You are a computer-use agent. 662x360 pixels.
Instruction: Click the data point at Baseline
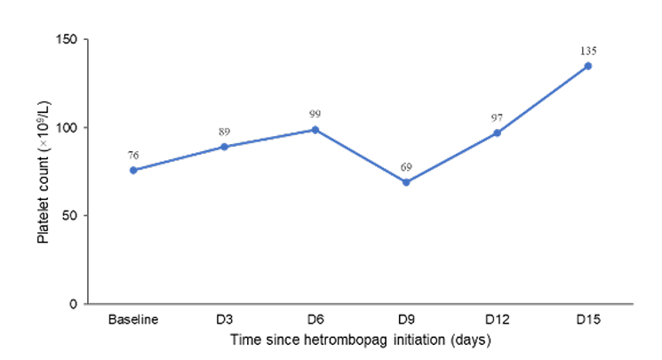click(133, 171)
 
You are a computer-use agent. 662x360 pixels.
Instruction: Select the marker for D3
click(224, 147)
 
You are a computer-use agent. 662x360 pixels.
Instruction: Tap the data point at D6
click(315, 130)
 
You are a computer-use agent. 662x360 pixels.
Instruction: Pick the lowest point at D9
click(406, 182)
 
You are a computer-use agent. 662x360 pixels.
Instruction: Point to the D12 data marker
click(498, 133)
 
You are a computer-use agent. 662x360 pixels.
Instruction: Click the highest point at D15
click(588, 66)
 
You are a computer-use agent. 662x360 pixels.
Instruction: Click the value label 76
click(133, 156)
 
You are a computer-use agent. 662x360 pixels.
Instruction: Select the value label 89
click(224, 132)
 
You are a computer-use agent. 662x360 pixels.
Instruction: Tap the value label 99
click(315, 114)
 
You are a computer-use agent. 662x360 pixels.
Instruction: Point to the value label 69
click(406, 167)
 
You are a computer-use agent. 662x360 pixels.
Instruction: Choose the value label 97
click(497, 118)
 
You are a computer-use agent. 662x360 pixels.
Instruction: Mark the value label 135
click(588, 52)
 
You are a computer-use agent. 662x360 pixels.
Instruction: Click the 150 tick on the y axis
click(67, 39)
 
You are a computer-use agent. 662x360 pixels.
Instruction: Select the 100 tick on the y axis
click(67, 127)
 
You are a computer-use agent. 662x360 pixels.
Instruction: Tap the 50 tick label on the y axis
click(70, 215)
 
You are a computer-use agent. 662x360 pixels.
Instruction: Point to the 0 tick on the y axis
click(74, 304)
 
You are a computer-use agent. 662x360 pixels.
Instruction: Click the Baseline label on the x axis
click(133, 319)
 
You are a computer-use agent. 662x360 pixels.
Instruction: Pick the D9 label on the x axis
click(406, 319)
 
